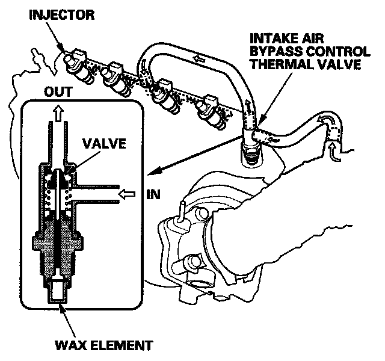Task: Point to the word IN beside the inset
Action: (x=152, y=194)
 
